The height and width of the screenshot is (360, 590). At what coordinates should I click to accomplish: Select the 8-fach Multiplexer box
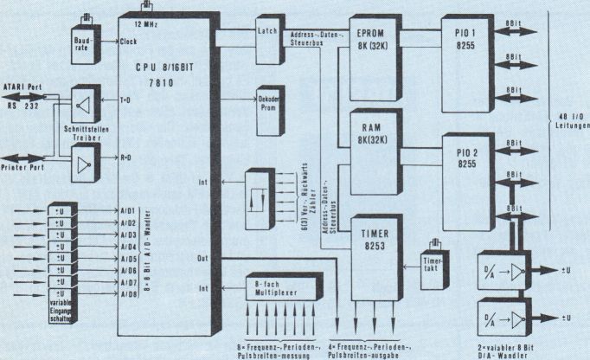pyautogui.click(x=273, y=288)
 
